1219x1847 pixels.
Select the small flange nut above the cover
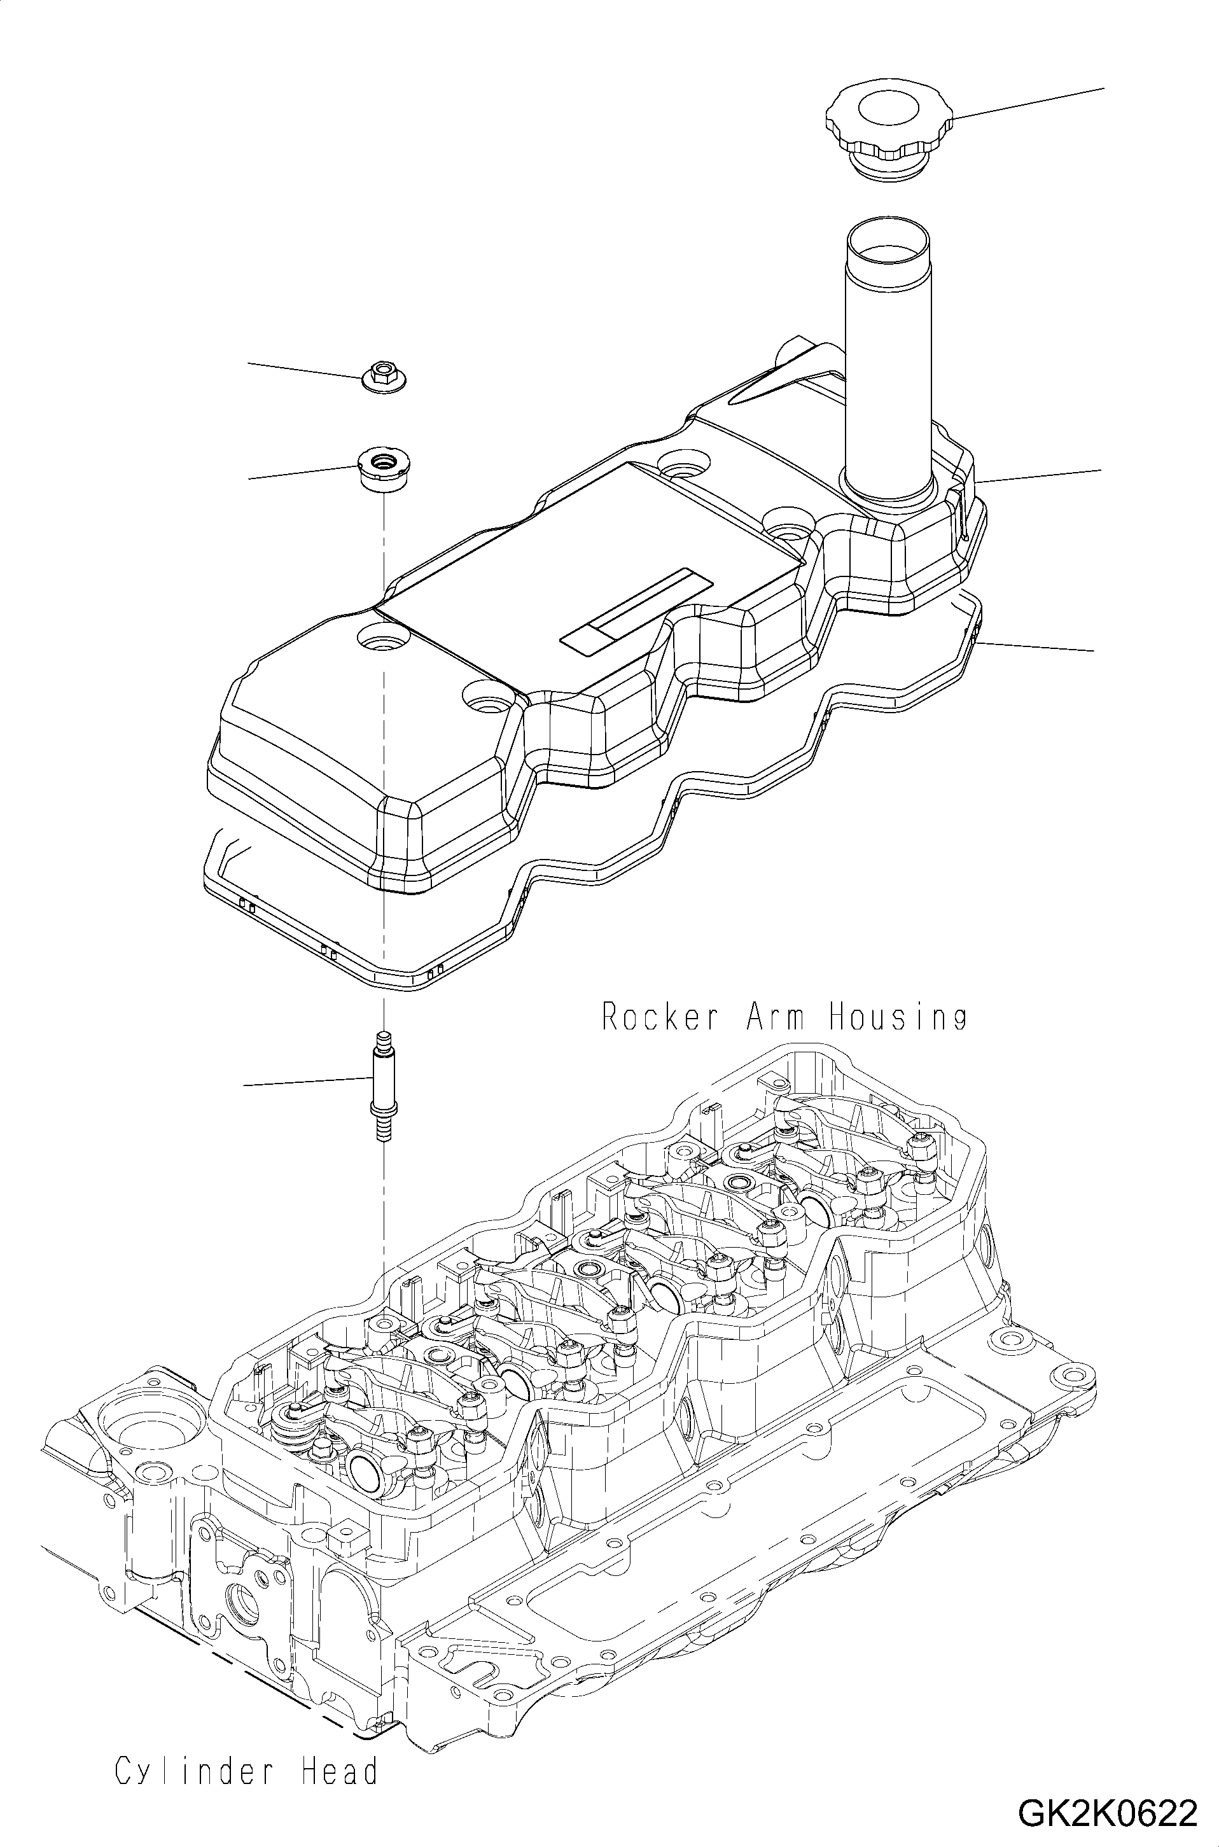(385, 378)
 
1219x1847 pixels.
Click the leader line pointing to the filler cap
(1026, 103)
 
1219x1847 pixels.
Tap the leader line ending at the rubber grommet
(303, 472)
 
